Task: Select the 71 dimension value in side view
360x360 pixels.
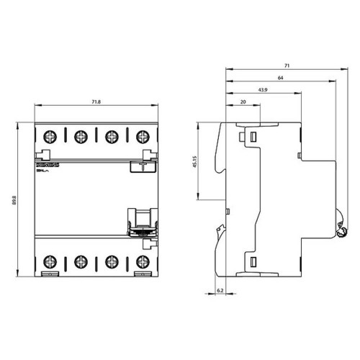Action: pos(288,65)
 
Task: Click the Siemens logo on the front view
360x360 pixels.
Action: pos(45,166)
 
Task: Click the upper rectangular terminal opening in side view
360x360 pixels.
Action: pos(253,135)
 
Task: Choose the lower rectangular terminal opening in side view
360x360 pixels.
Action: pos(253,261)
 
